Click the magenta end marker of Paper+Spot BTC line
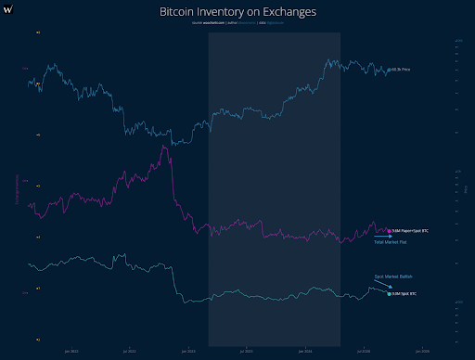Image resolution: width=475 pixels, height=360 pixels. pyautogui.click(x=390, y=229)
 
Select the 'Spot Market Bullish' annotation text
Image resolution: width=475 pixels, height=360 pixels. pyautogui.click(x=390, y=276)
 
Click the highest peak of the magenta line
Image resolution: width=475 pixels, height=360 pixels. pyautogui.click(x=164, y=147)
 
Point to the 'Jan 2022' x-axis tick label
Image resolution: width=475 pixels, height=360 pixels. pyautogui.click(x=71, y=351)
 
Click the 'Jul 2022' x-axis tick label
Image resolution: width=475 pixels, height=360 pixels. pyautogui.click(x=129, y=351)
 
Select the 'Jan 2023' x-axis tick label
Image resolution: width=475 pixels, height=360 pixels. pyautogui.click(x=188, y=351)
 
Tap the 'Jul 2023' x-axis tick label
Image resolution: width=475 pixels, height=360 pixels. pyautogui.click(x=247, y=351)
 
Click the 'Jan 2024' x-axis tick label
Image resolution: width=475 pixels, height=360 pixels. pyautogui.click(x=306, y=351)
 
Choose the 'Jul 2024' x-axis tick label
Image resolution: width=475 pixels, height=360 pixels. pyautogui.click(x=365, y=351)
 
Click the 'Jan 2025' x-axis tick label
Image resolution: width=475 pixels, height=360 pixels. pyautogui.click(x=423, y=351)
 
